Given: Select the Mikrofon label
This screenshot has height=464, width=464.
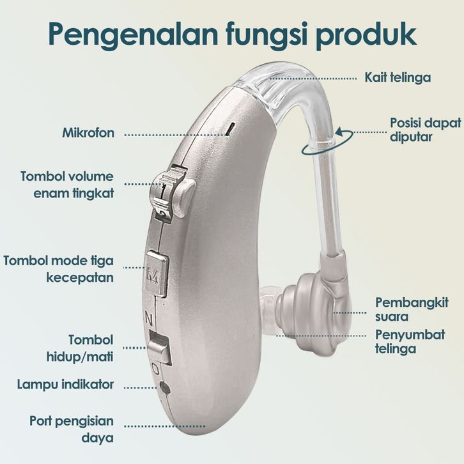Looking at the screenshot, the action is (x=89, y=134).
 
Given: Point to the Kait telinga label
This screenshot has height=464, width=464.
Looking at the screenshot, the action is (x=398, y=77).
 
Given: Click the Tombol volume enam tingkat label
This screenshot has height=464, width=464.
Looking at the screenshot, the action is (x=67, y=184).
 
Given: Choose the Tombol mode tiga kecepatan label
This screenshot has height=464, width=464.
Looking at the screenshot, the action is (x=59, y=269).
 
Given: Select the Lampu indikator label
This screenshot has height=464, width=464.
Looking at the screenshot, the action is (x=66, y=385).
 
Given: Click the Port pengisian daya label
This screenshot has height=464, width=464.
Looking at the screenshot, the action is (x=72, y=429).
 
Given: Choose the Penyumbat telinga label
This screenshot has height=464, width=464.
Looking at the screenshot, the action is (x=405, y=342).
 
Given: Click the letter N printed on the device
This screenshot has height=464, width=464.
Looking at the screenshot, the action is (x=148, y=316).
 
